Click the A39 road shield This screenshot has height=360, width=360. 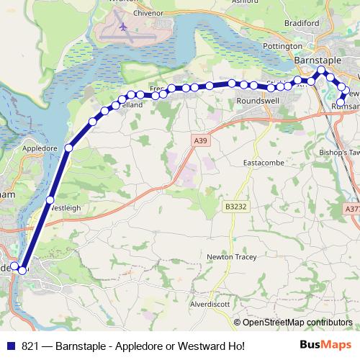201,142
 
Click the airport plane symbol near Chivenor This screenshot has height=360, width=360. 123,27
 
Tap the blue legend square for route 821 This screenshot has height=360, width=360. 10,346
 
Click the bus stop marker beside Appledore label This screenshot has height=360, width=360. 68,148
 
